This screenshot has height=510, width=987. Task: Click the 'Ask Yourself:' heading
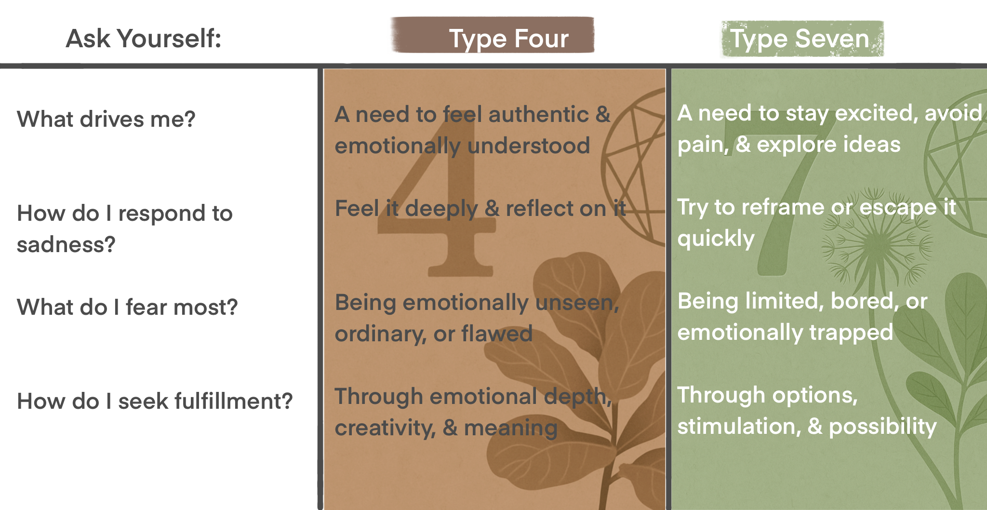(x=144, y=39)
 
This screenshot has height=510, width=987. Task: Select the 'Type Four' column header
(x=508, y=39)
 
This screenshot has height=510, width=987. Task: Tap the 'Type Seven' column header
(x=800, y=39)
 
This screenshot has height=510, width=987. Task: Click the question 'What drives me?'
(x=106, y=119)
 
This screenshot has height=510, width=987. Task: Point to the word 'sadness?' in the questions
(x=66, y=244)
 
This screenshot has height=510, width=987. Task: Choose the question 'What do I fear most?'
(x=127, y=307)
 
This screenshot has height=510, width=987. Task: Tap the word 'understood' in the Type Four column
(x=529, y=146)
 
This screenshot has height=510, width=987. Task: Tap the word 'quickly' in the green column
(x=716, y=239)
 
